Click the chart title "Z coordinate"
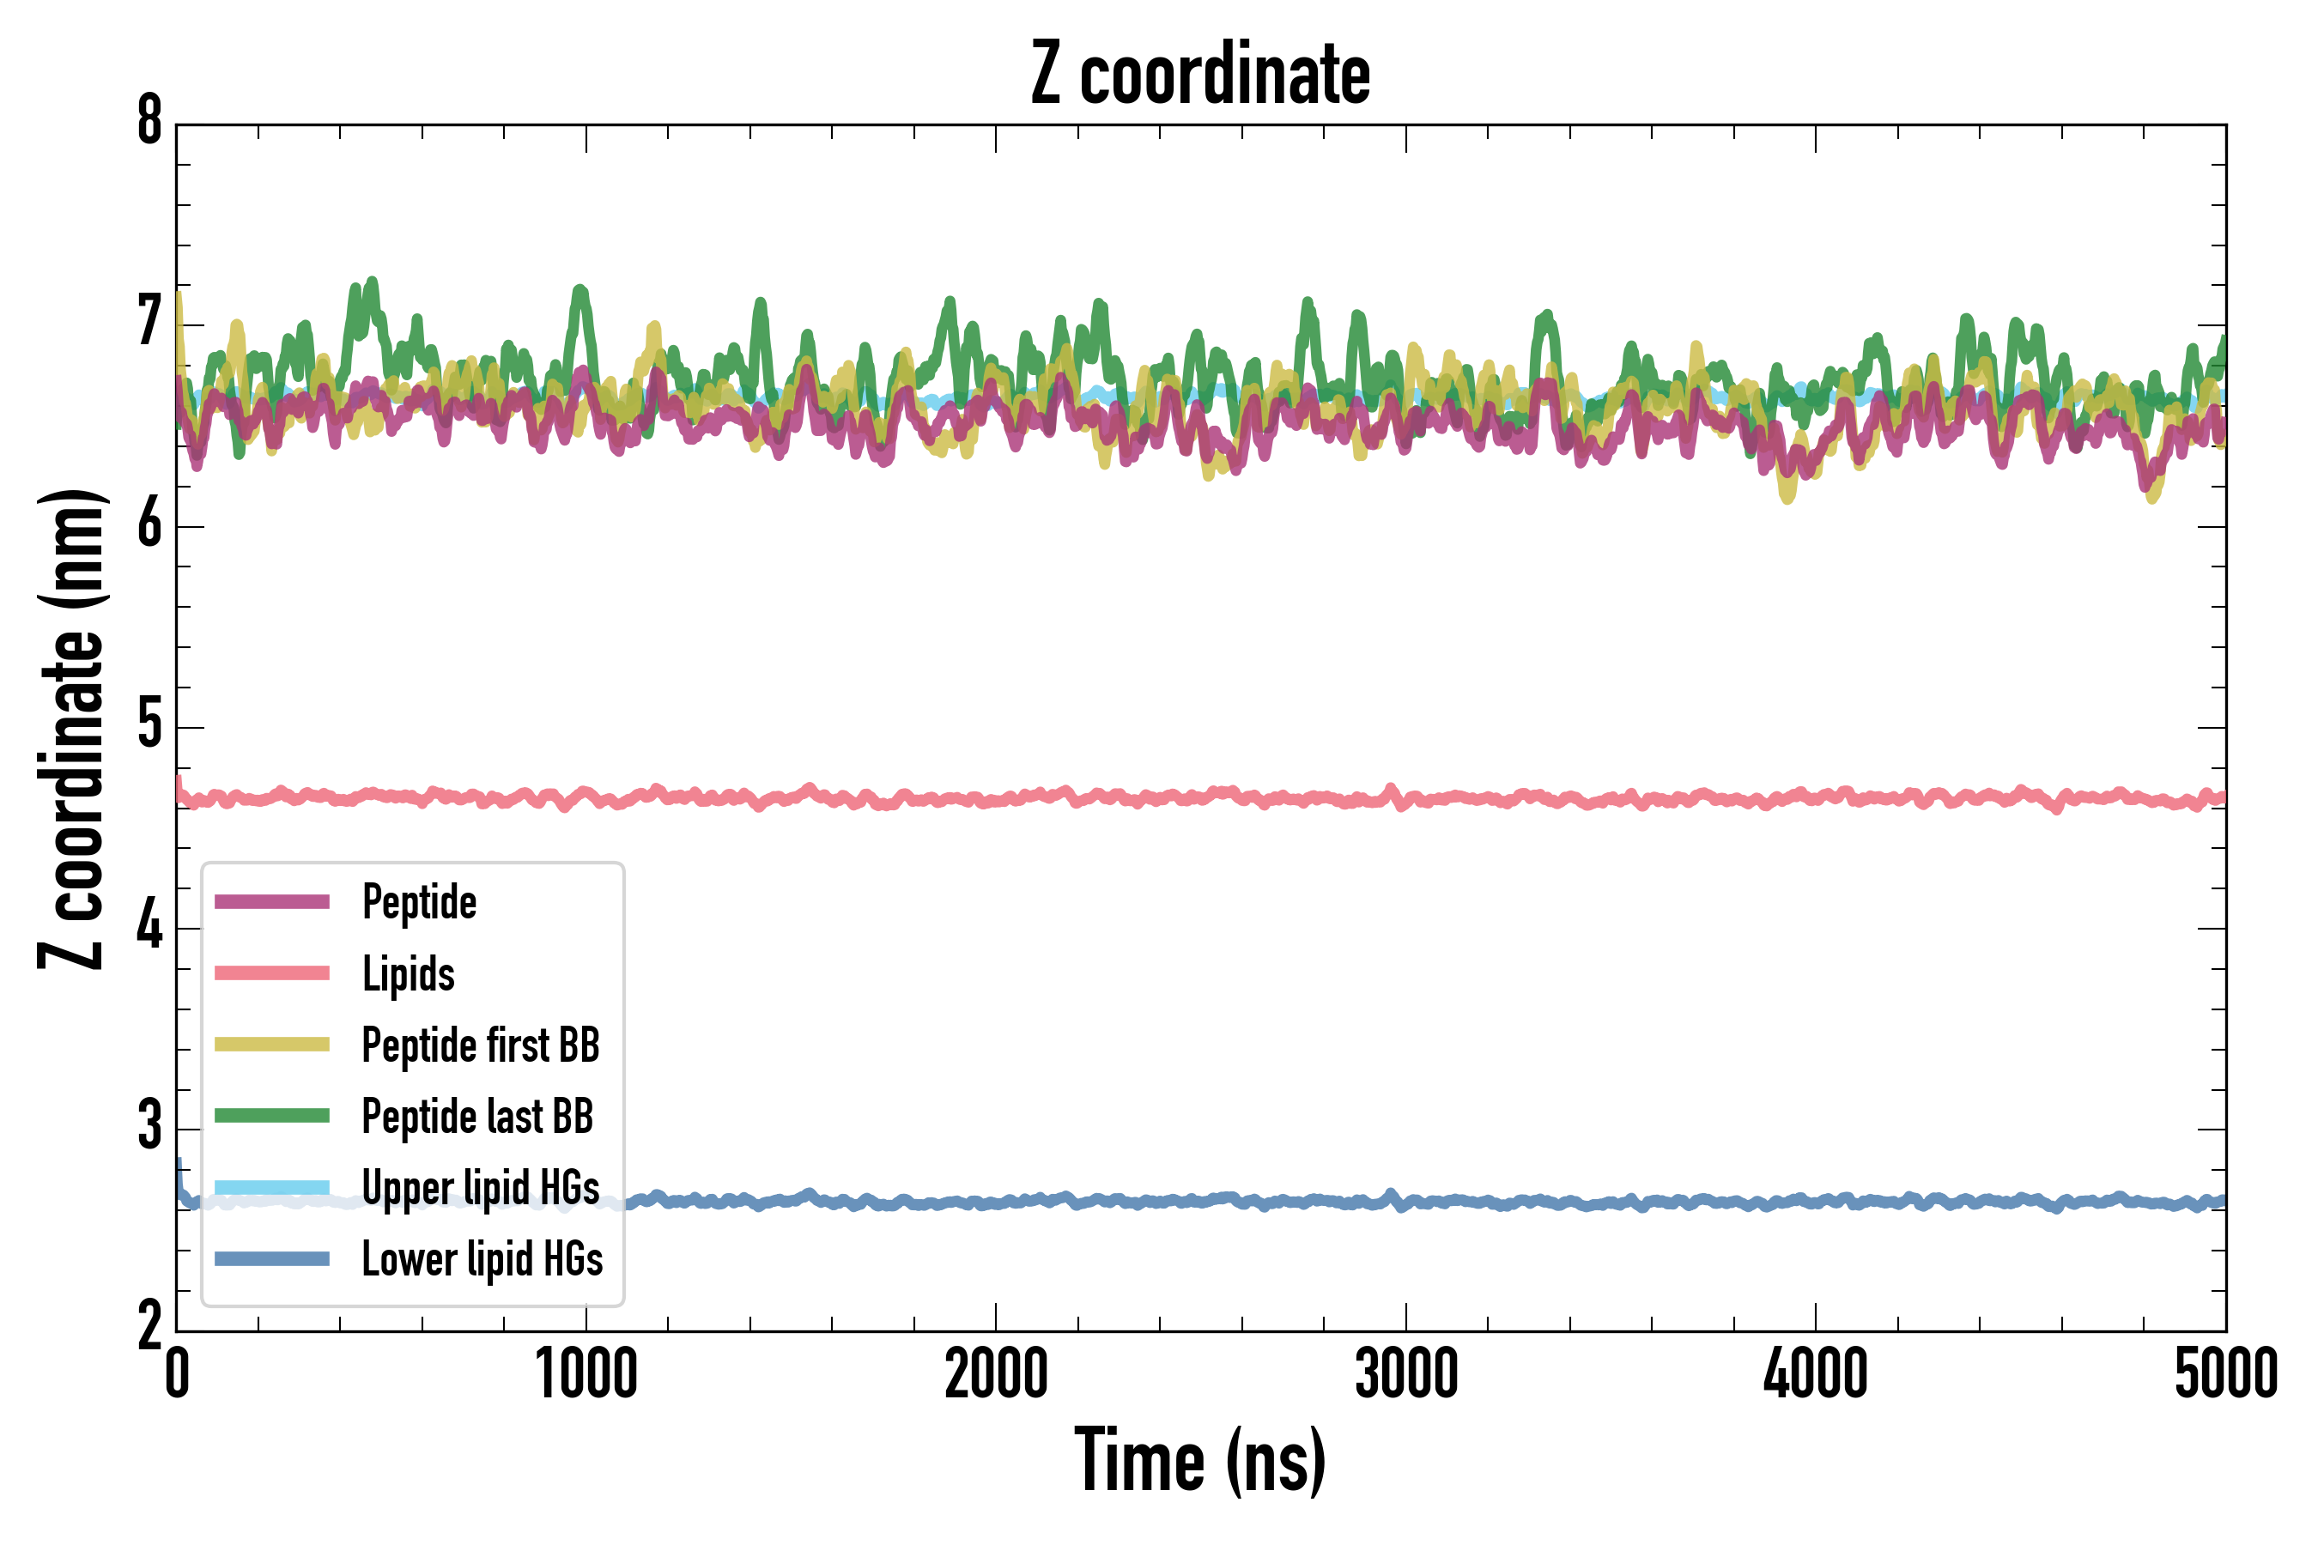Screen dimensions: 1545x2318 tap(1199, 75)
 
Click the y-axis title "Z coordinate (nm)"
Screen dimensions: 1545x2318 tap(71, 729)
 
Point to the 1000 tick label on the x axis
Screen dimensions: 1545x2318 tap(586, 1374)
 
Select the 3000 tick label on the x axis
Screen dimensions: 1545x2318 tap(1405, 1374)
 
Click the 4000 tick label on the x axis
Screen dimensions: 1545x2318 tap(1816, 1374)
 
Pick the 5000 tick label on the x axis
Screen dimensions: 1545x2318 tap(2225, 1374)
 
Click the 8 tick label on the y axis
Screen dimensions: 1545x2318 tap(149, 122)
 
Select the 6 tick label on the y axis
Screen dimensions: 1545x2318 tap(149, 524)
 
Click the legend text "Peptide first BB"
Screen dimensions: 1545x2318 tap(481, 1045)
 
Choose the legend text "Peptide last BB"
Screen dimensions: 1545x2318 tap(477, 1117)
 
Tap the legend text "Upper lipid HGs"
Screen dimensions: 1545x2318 tap(481, 1187)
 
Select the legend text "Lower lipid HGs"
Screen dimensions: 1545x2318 tap(482, 1259)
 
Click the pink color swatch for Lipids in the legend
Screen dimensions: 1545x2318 tap(272, 973)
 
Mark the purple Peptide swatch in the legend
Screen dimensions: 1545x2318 tap(272, 901)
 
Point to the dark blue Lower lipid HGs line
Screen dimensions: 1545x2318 tap(1478, 1203)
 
